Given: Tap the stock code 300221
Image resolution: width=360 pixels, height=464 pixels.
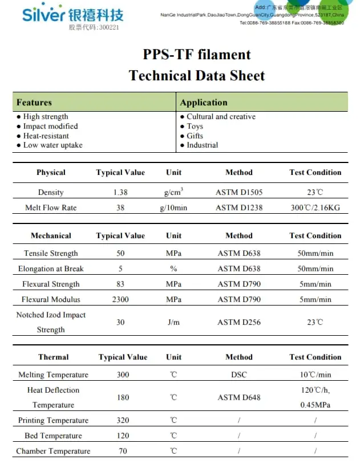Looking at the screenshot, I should [x=94, y=27].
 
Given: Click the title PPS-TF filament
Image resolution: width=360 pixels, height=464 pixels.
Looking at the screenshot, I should [x=197, y=55].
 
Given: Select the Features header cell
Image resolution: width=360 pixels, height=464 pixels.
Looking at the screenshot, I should [x=34, y=103].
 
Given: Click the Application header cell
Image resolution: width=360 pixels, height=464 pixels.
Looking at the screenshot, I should [x=204, y=103].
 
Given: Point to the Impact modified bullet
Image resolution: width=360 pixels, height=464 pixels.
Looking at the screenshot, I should [x=50, y=126].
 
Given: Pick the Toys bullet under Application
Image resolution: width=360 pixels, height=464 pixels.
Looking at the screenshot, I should [x=195, y=126].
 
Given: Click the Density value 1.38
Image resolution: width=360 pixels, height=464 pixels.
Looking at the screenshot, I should [x=120, y=192].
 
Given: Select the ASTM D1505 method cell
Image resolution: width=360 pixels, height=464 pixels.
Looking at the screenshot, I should [x=239, y=192].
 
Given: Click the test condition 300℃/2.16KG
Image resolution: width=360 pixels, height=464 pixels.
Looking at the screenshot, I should [x=315, y=207].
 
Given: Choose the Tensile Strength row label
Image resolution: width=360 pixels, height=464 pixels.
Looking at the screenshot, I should [x=51, y=253].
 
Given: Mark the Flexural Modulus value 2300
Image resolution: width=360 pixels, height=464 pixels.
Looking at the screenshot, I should [x=120, y=299].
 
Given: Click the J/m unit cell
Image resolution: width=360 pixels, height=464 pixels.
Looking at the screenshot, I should [x=173, y=322].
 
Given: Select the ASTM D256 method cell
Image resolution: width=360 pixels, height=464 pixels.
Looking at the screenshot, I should [x=239, y=322].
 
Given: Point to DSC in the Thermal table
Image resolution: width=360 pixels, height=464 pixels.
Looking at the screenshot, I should [x=239, y=375].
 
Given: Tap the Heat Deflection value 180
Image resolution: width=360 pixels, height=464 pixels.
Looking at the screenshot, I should [x=123, y=397].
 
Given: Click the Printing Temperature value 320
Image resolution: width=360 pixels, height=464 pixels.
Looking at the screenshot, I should [x=123, y=420].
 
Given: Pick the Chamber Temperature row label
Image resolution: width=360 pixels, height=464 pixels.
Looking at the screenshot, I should [x=53, y=451].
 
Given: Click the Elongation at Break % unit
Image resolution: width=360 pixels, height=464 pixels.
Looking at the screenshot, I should [x=173, y=268].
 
